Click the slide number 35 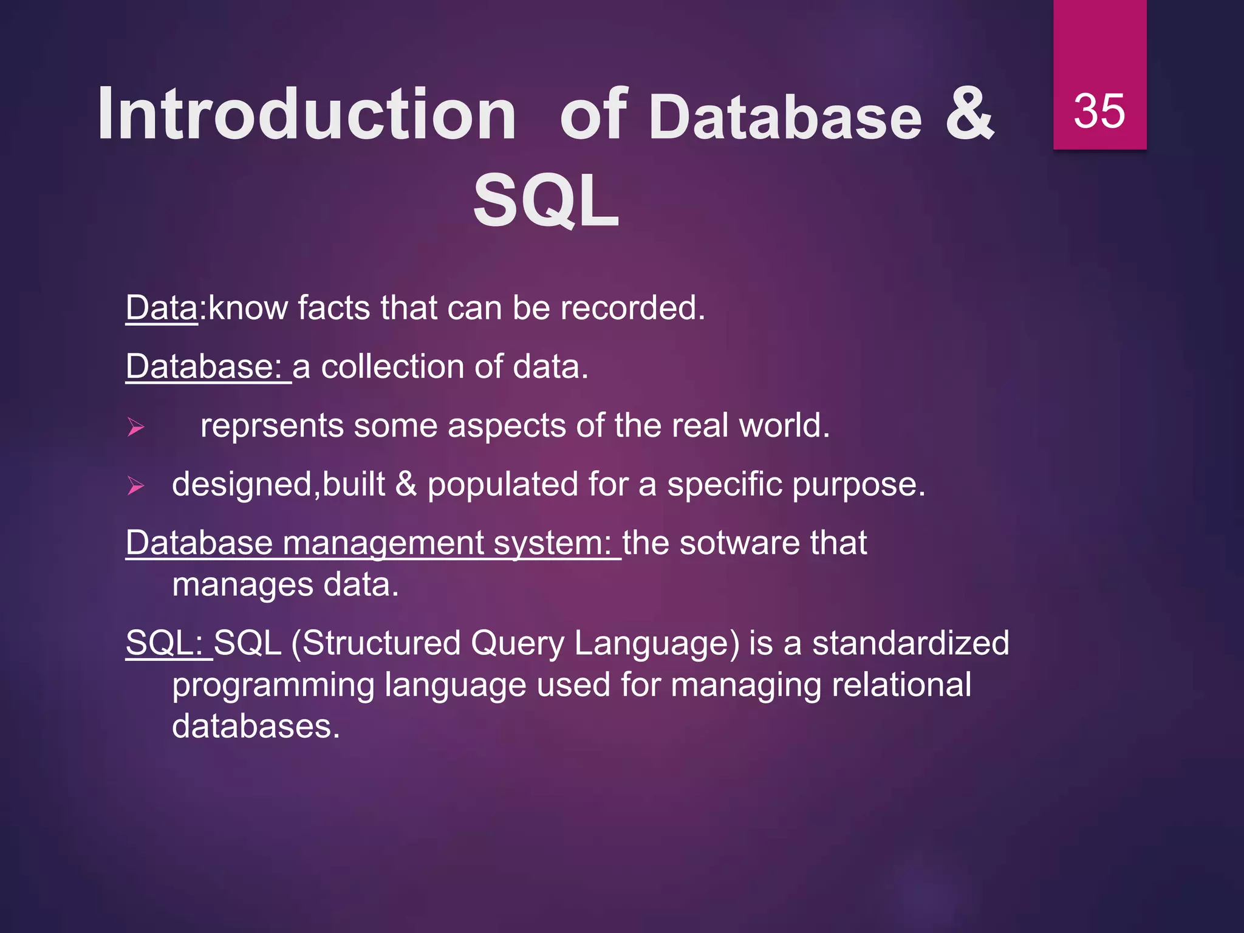point(1099,111)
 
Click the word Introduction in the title point(307,114)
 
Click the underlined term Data point(162,308)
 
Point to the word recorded point(632,308)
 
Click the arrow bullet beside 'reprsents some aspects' point(135,428)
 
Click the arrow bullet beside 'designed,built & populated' point(135,486)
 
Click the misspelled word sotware point(731,543)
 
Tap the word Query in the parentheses point(517,644)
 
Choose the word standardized point(911,643)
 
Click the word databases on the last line point(255,726)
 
